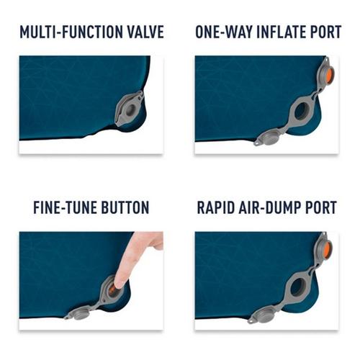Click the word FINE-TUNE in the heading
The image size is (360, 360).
point(66,208)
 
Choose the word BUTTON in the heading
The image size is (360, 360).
point(125,208)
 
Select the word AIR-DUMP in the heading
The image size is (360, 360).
point(274,208)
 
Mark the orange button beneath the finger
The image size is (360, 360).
point(114,289)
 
